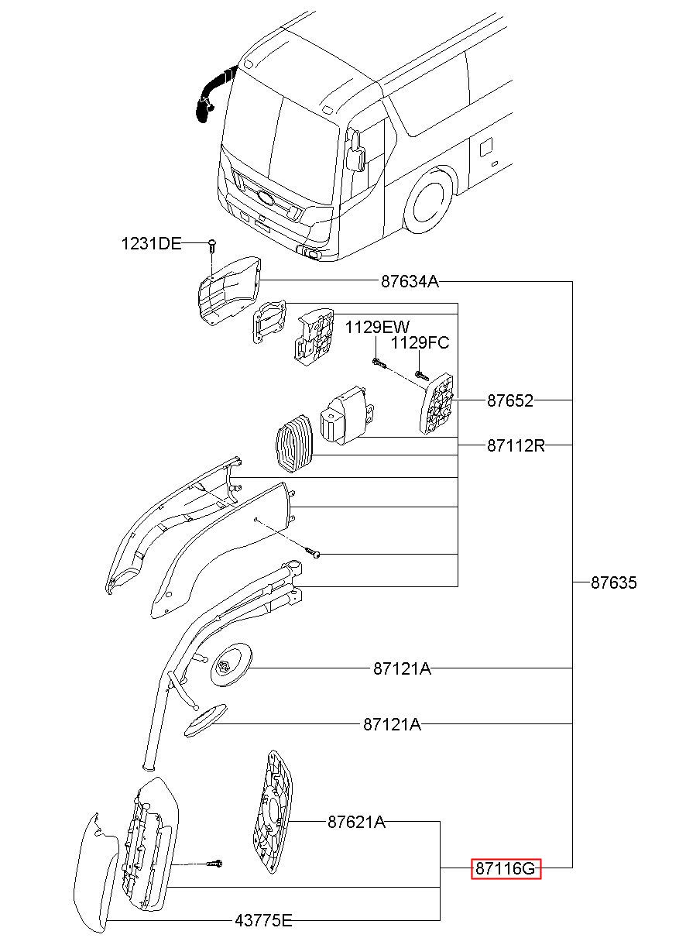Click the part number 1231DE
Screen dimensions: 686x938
(x=152, y=243)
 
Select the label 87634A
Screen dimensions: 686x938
(x=410, y=281)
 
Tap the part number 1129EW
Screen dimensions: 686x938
(x=377, y=327)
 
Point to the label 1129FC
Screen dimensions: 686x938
(x=420, y=343)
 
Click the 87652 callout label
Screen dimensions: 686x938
(x=510, y=400)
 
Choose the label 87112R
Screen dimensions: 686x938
(x=516, y=445)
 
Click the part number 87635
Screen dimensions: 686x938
(x=613, y=582)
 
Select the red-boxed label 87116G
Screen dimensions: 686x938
(x=506, y=869)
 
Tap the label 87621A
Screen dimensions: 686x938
(x=356, y=822)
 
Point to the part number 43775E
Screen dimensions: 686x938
(x=263, y=920)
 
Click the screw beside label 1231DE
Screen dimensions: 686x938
(x=212, y=246)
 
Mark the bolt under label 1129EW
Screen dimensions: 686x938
(x=379, y=362)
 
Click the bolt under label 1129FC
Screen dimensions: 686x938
(x=421, y=376)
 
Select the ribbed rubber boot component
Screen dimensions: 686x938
(x=294, y=444)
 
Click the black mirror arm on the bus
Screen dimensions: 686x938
(x=213, y=96)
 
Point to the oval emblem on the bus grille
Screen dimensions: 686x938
(x=265, y=197)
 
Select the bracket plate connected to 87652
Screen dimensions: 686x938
(x=437, y=404)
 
